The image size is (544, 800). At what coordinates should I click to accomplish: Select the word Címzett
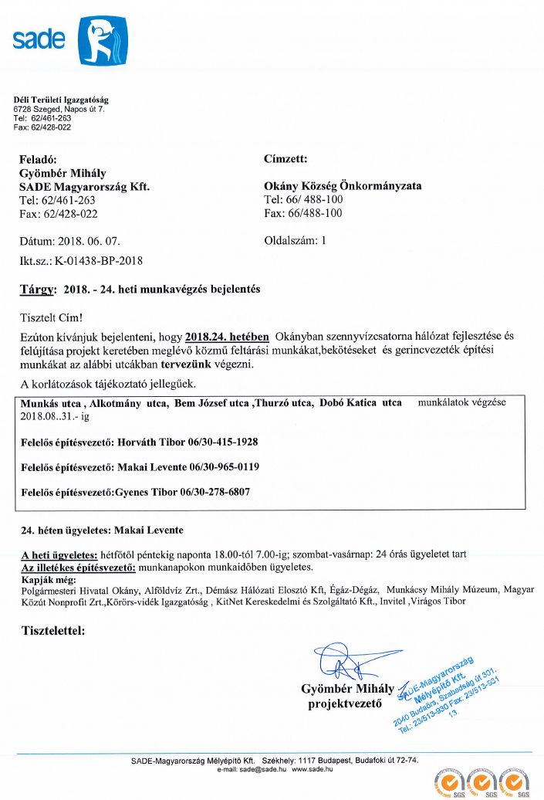[286, 159]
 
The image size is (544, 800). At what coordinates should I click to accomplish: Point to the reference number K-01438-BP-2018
[99, 260]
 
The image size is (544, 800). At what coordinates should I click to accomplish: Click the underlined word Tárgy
[37, 290]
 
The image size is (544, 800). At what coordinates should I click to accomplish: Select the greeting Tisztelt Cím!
[51, 317]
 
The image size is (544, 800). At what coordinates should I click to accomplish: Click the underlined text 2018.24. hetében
[227, 337]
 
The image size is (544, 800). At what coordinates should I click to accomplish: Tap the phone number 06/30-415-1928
[222, 442]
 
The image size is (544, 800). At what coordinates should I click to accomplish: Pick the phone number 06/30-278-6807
[215, 492]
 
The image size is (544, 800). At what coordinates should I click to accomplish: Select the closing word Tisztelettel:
[53, 631]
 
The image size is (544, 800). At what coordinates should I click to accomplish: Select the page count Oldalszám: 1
[296, 240]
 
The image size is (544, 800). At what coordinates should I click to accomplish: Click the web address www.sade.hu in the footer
[312, 769]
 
